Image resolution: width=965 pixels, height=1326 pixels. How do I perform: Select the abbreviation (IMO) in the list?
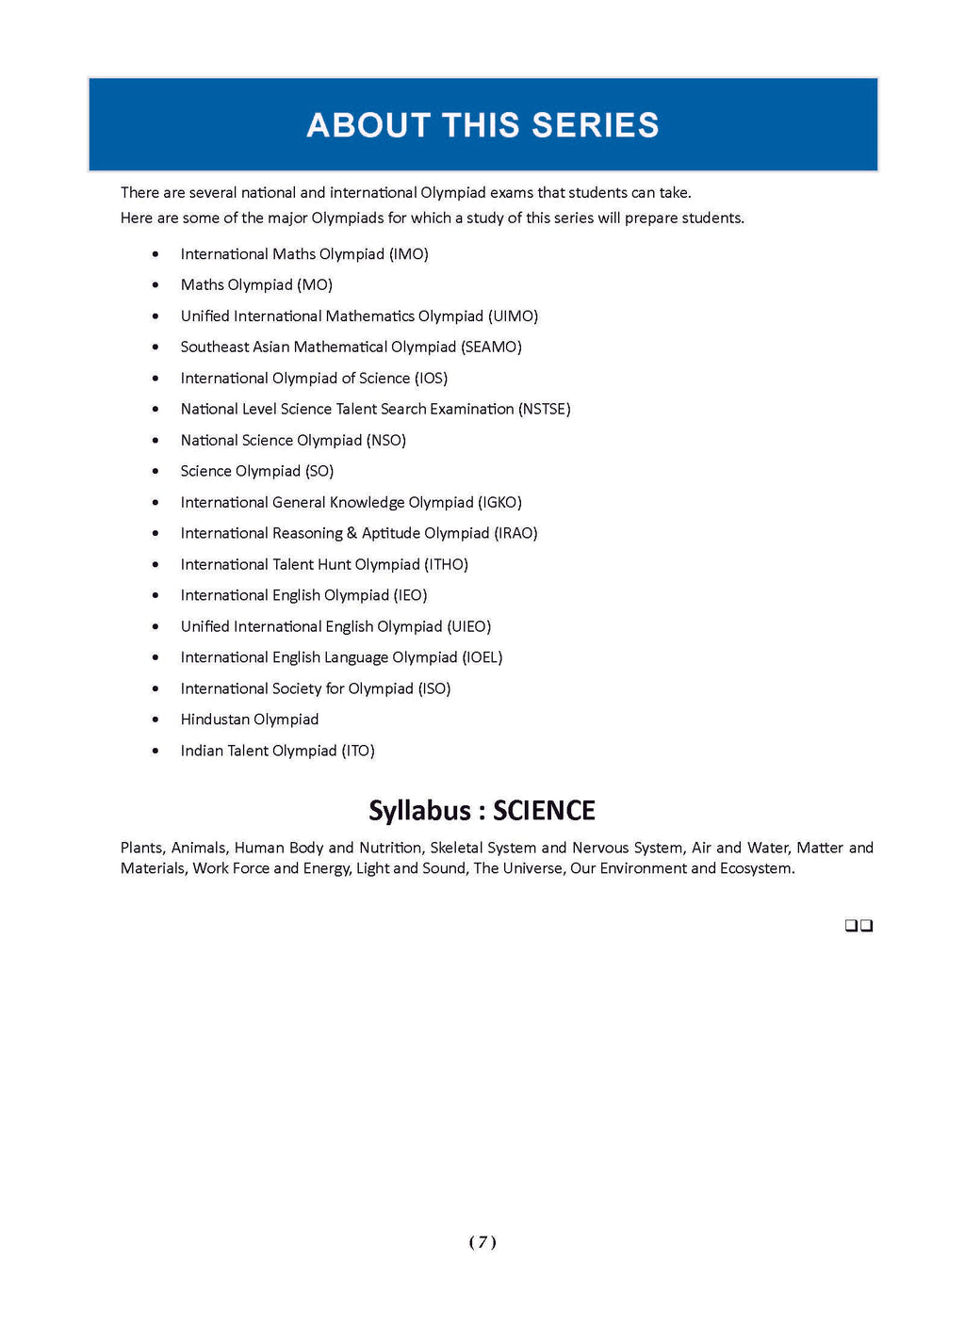click(x=409, y=254)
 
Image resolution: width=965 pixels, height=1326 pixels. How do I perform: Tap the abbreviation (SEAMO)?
click(x=491, y=347)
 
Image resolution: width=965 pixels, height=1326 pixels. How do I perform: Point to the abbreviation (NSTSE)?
click(x=545, y=409)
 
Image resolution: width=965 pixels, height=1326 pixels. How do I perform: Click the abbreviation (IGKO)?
click(x=499, y=502)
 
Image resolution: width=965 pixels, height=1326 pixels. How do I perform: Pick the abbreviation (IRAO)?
click(x=515, y=533)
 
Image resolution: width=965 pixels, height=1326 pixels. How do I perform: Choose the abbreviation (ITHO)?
click(x=446, y=564)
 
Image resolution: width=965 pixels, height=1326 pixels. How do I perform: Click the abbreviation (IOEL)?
click(x=482, y=657)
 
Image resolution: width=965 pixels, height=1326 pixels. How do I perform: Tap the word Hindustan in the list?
click(x=215, y=720)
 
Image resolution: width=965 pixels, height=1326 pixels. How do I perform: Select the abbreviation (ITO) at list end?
click(x=358, y=751)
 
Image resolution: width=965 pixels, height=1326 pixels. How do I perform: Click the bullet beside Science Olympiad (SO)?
click(x=155, y=471)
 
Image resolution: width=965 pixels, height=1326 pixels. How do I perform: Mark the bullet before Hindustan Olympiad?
click(x=155, y=720)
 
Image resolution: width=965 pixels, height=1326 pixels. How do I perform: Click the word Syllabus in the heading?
click(x=419, y=811)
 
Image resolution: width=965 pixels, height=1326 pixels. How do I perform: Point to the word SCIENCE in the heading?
click(x=544, y=811)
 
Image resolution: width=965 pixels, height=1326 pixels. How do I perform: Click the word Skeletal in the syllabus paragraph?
click(x=458, y=848)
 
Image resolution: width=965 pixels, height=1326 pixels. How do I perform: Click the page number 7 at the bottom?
click(x=482, y=1242)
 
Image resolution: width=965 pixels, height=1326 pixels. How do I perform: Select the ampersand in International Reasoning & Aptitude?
click(x=352, y=533)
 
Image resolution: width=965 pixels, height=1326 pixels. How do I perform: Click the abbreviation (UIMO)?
click(x=513, y=316)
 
